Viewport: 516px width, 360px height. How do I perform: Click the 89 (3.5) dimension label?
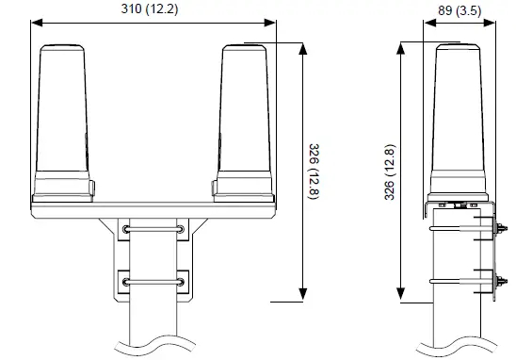(x=460, y=10)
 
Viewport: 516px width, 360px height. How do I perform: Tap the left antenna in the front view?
(x=66, y=113)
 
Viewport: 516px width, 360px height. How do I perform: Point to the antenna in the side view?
(x=460, y=113)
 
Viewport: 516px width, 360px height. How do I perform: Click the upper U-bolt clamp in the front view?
(x=152, y=228)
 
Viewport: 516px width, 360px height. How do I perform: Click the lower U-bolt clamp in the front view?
(x=152, y=280)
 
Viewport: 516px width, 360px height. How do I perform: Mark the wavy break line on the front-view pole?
(x=152, y=341)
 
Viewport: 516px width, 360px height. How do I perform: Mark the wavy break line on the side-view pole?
(x=461, y=337)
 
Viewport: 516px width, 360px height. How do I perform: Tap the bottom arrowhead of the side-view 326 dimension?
(x=401, y=299)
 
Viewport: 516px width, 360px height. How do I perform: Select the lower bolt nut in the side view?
(x=500, y=280)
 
